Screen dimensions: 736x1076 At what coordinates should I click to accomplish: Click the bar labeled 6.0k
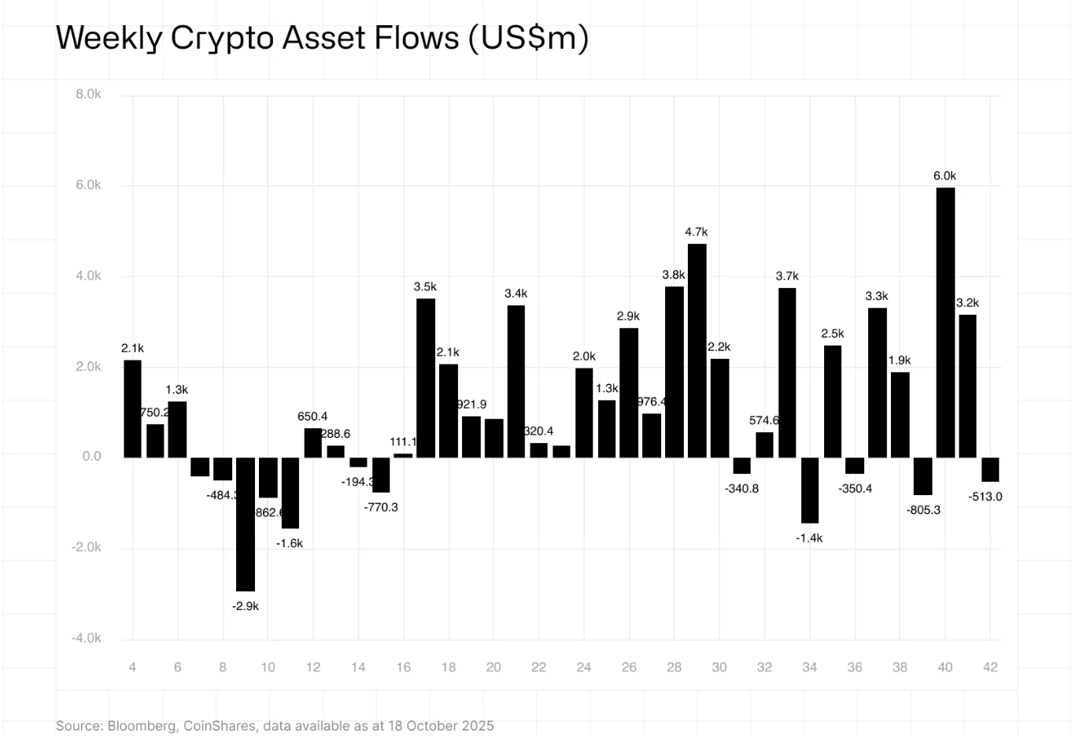945,322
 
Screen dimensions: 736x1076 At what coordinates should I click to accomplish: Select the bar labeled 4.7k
697,350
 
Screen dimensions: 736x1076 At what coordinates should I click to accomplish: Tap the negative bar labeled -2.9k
246,524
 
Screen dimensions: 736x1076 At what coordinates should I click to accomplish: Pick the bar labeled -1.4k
809,490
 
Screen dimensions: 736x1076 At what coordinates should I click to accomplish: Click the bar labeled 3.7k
787,372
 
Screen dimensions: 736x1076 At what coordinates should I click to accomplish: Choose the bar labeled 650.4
313,442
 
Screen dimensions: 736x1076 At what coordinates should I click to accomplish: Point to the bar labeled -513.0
990,469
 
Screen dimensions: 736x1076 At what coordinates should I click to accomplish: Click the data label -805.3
923,510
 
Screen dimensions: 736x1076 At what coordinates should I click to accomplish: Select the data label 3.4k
516,294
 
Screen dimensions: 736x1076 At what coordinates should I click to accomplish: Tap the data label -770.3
381,508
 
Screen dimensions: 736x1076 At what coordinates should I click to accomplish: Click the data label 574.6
764,420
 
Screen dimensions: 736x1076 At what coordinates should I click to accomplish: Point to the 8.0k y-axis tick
88,94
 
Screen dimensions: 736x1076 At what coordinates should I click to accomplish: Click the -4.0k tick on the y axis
87,638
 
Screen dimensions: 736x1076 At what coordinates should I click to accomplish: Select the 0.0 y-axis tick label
91,457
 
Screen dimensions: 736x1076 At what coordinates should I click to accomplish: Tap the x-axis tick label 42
990,668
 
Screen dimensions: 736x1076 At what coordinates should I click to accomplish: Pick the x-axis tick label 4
132,668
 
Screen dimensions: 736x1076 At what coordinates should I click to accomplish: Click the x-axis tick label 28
674,668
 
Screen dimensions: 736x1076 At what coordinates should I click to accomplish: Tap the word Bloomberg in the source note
142,726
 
